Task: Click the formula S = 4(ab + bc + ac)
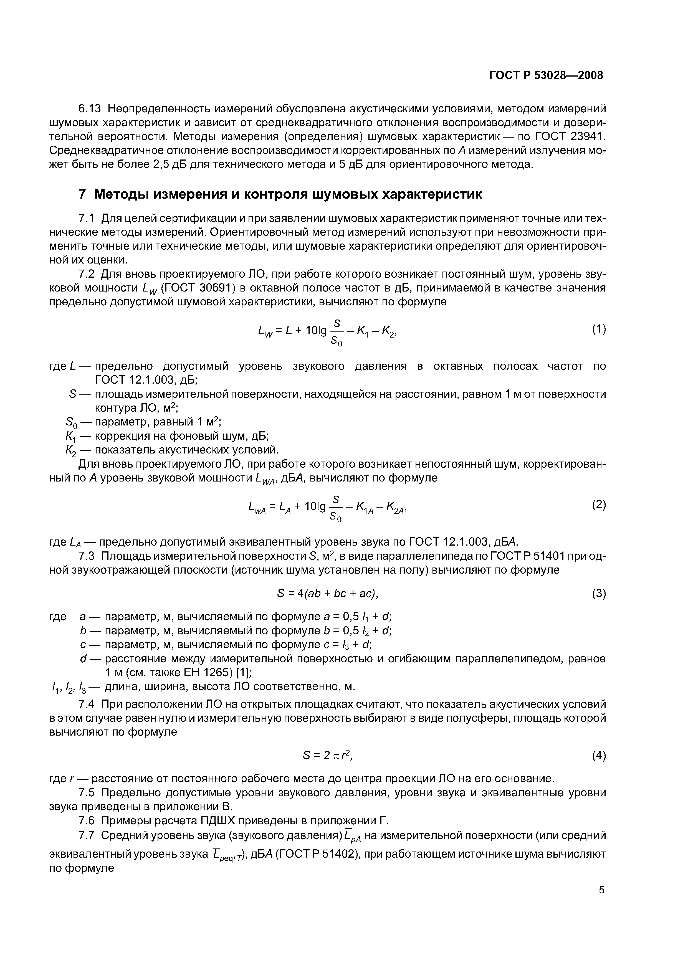point(327,594)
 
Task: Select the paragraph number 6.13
point(90,109)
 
